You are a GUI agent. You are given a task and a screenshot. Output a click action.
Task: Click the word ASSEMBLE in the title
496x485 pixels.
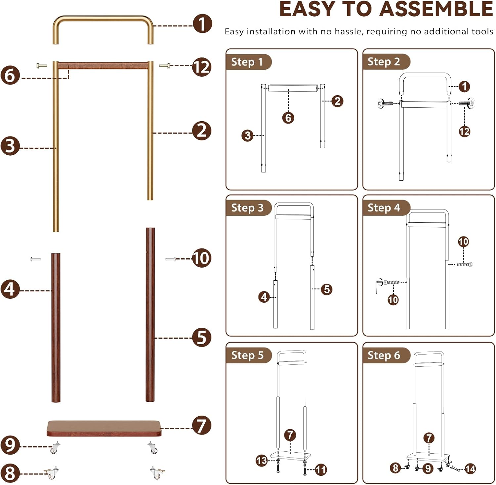(x=436, y=9)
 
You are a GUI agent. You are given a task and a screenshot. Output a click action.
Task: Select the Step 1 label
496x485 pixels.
(x=247, y=62)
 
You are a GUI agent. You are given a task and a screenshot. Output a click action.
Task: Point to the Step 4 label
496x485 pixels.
(x=384, y=208)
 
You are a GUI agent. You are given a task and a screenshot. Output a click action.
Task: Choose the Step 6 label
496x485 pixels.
(x=384, y=355)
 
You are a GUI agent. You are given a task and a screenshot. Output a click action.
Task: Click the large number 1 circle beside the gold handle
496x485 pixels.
(x=202, y=24)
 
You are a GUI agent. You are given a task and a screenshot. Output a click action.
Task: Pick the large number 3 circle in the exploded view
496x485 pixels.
(x=10, y=146)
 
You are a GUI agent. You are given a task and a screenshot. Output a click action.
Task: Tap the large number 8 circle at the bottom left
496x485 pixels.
(x=10, y=473)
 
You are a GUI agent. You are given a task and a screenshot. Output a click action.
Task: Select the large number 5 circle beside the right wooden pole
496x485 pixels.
(x=202, y=337)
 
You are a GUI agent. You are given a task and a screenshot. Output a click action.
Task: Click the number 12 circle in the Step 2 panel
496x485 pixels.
(x=464, y=131)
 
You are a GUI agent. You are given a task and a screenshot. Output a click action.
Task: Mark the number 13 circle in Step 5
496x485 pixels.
(x=262, y=460)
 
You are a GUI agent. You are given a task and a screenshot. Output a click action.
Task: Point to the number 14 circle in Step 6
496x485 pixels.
(x=470, y=468)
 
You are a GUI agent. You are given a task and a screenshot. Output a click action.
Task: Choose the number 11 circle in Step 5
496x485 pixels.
(x=320, y=470)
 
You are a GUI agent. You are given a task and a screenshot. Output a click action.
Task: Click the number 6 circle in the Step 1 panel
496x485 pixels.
(x=288, y=118)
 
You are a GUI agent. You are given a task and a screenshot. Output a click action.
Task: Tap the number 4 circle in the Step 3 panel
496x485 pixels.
(x=264, y=297)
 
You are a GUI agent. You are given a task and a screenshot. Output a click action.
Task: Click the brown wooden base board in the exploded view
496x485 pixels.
(x=104, y=428)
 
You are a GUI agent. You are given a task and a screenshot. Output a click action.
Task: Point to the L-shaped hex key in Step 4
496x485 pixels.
(x=378, y=286)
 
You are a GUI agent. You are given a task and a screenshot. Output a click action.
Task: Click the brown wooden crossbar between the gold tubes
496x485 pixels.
(x=103, y=65)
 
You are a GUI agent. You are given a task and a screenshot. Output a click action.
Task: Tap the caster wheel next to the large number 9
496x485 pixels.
(x=54, y=448)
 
